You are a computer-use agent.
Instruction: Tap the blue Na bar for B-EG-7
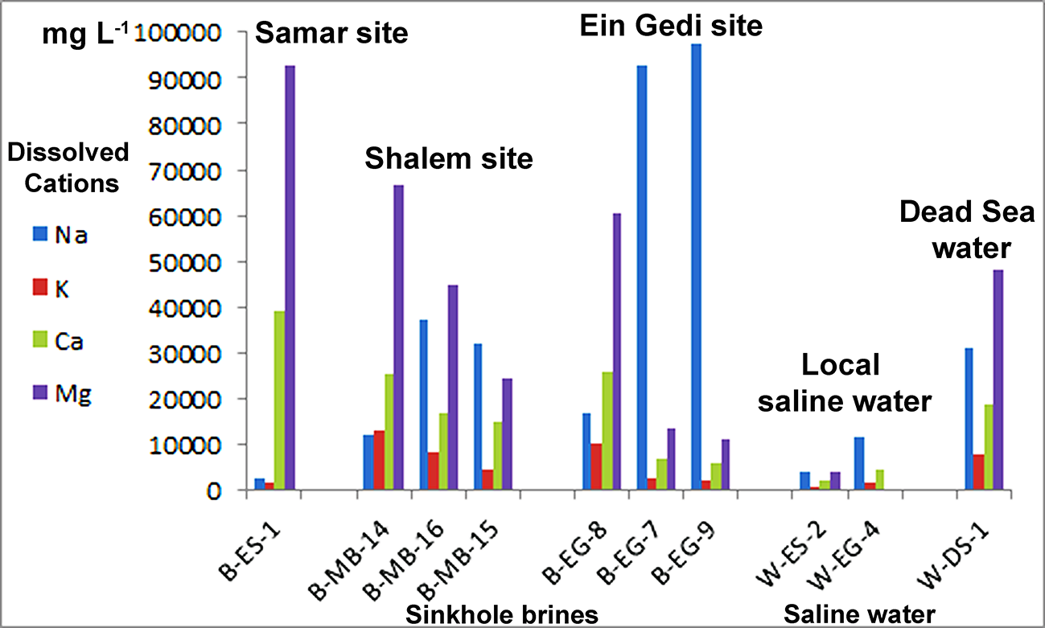coord(642,277)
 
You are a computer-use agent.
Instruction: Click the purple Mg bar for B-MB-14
coord(399,338)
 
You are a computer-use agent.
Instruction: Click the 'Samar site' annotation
coord(331,33)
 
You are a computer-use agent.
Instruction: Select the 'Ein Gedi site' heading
coord(670,25)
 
